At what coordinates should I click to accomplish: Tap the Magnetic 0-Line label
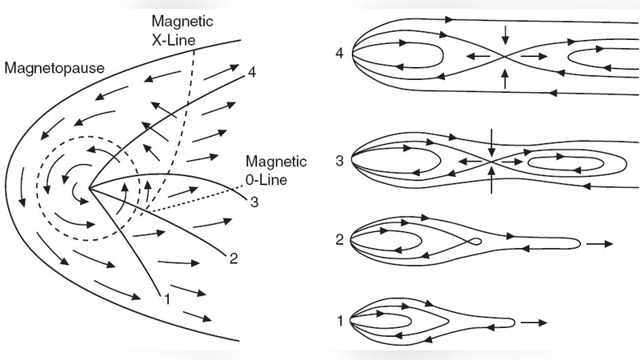(x=276, y=170)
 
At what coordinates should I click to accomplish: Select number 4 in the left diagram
(x=252, y=72)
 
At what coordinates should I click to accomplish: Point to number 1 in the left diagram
(x=167, y=299)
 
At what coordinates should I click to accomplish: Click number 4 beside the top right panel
(x=340, y=54)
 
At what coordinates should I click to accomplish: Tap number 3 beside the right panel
(x=340, y=161)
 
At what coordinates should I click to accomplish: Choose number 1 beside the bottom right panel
(x=340, y=321)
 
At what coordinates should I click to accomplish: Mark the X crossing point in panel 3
(x=491, y=161)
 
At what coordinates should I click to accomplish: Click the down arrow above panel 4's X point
(x=504, y=34)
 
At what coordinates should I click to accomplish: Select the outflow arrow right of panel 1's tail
(x=534, y=322)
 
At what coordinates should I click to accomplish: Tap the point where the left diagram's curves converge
(x=90, y=189)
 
